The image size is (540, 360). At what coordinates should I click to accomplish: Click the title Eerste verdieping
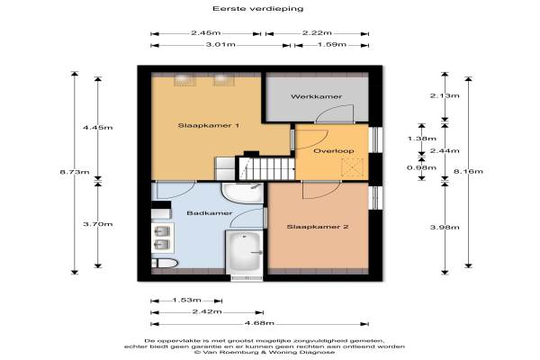pos(257,9)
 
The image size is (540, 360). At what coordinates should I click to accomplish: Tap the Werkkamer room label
pos(316,97)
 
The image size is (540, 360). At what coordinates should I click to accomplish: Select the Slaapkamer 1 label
pos(209,125)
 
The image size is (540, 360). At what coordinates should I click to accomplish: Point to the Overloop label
pos(333,151)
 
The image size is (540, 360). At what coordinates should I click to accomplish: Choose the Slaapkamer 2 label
pos(318,227)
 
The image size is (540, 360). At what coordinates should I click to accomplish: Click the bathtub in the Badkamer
pos(244,251)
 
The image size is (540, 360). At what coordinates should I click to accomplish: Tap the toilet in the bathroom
pos(165,264)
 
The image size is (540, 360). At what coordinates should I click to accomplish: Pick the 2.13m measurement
pos(445,95)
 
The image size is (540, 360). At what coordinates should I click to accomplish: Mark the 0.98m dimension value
pos(421,167)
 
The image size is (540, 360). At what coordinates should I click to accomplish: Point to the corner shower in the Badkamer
pos(242,193)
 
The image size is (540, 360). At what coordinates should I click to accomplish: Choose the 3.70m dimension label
pos(98,224)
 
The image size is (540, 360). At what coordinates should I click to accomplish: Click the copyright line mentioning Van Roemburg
pos(265,353)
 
